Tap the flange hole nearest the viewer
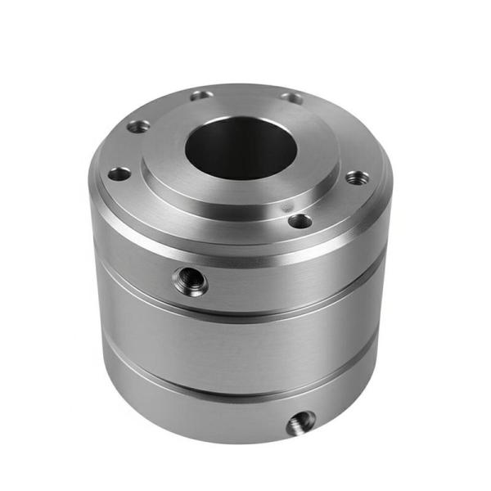(x=300, y=221)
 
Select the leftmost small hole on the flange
(x=119, y=173)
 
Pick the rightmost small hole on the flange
(x=357, y=177)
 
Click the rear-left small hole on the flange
(x=201, y=96)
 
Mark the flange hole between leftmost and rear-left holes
(x=138, y=126)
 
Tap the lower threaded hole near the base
(x=300, y=423)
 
